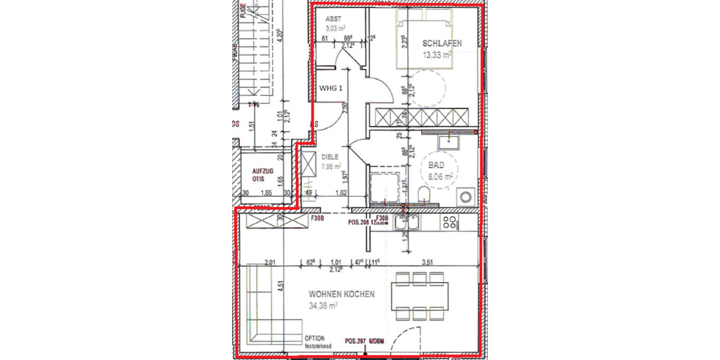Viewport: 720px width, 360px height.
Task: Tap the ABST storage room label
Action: coord(333,19)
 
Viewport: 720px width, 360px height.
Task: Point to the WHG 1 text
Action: coord(331,88)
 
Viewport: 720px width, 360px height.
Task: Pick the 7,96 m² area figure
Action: coord(331,166)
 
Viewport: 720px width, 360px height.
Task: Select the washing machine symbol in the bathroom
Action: coord(465,196)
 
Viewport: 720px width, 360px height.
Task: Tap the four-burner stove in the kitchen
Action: coord(450,223)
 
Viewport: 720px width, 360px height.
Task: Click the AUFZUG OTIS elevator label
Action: coord(263,174)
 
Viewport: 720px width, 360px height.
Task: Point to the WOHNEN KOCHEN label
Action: coord(341,295)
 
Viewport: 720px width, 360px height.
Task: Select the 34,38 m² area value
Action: coord(323,305)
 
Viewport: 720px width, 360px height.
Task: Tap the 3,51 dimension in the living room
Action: coord(428,262)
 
